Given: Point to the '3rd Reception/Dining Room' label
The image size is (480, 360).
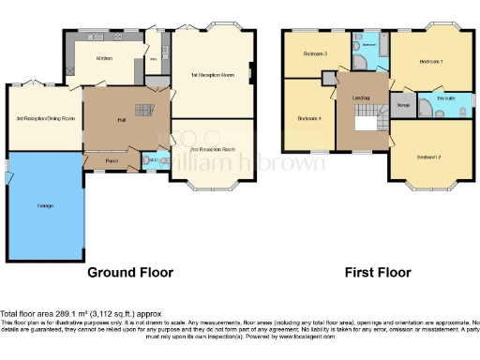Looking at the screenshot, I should pyautogui.click(x=45, y=119).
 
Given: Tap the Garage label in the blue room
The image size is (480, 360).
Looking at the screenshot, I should pyautogui.click(x=44, y=204).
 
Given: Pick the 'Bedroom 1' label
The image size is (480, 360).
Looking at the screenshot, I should pyautogui.click(x=429, y=62).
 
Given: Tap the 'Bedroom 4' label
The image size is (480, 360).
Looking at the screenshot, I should pyautogui.click(x=309, y=118).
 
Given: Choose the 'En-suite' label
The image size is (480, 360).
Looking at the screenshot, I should pyautogui.click(x=445, y=96).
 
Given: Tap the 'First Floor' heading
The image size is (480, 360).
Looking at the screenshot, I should pyautogui.click(x=378, y=274).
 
